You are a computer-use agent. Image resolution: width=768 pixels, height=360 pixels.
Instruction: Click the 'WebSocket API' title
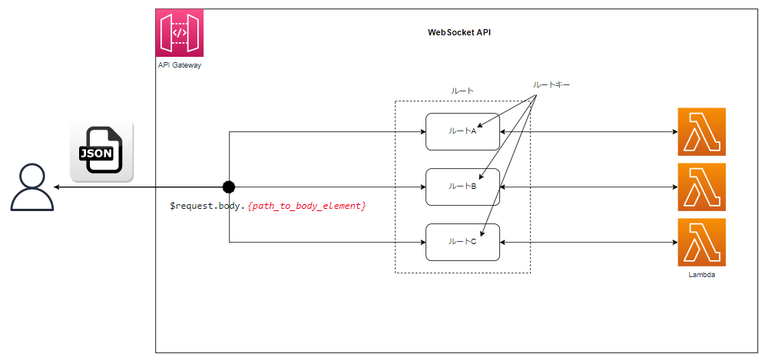[460, 33]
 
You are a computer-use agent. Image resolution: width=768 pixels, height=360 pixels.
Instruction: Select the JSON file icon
[101, 151]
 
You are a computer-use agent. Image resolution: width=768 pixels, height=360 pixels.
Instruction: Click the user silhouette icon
[32, 187]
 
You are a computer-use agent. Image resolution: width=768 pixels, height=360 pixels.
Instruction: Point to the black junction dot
[228, 187]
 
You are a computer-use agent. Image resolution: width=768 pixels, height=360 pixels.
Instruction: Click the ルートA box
[462, 131]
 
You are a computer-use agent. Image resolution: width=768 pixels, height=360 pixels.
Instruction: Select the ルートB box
[462, 187]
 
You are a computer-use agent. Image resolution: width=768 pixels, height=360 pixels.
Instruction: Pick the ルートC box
[462, 243]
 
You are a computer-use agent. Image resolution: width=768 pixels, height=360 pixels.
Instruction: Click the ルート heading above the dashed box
[462, 91]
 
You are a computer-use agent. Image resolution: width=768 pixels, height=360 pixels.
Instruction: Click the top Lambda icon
[701, 131]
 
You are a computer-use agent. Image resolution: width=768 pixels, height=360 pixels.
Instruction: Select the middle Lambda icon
[701, 187]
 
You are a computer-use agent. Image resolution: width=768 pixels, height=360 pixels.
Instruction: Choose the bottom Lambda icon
[701, 242]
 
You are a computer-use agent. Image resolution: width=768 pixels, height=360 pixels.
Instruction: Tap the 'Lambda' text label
[701, 274]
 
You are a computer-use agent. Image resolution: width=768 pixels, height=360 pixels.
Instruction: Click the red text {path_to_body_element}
[306, 206]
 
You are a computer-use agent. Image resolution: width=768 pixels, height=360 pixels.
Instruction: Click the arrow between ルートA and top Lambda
[588, 131]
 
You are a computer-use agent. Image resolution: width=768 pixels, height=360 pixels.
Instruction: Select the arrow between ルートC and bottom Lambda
[588, 243]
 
